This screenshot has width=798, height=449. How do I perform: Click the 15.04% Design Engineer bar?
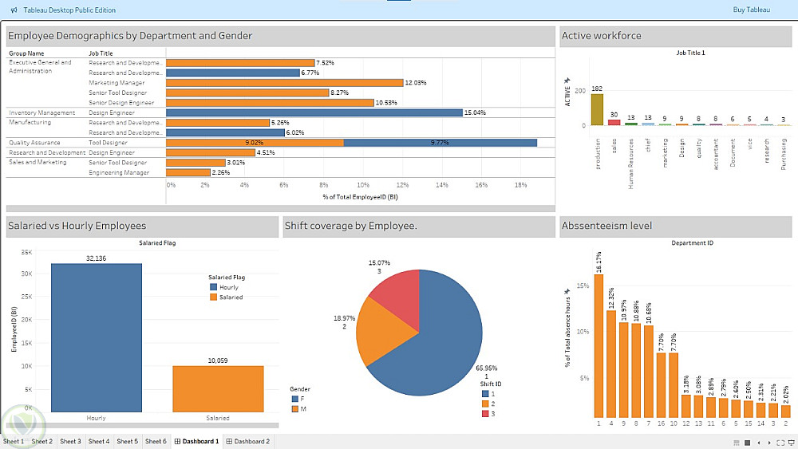[x=314, y=112]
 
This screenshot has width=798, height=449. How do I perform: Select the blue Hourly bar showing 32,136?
[x=97, y=337]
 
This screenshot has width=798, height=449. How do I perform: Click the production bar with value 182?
[x=597, y=110]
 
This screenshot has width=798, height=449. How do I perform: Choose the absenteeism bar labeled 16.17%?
[x=598, y=345]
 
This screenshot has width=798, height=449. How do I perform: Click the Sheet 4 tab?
[x=99, y=441]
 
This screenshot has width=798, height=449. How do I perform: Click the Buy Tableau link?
[x=752, y=10]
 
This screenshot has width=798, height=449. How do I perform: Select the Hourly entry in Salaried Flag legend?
[x=228, y=286]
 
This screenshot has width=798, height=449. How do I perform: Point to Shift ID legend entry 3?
[x=490, y=413]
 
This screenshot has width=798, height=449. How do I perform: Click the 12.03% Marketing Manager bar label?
[x=416, y=82]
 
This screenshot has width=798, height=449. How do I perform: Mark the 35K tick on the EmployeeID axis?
[x=26, y=253]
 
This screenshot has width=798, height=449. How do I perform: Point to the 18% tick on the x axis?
[x=520, y=184]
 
